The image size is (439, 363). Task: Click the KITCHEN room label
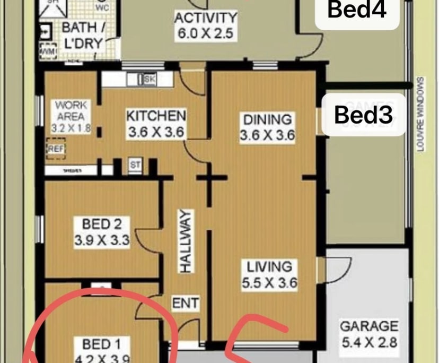[156, 116]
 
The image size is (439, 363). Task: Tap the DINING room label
[267, 119]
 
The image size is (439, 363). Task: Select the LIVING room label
[267, 266]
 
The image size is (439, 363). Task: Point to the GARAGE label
[368, 325]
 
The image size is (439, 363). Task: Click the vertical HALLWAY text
[185, 241]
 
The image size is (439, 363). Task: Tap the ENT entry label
[186, 304]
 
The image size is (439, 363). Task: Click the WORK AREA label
[71, 110]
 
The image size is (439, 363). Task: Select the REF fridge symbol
[55, 149]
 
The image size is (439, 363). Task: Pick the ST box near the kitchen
[135, 166]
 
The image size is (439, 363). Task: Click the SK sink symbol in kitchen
[148, 80]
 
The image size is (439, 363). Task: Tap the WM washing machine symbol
[47, 51]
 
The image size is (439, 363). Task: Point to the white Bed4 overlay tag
[357, 10]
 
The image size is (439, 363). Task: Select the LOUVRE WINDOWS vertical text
[420, 115]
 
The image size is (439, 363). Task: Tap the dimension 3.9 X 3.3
[102, 240]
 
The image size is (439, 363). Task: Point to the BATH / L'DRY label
[82, 35]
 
